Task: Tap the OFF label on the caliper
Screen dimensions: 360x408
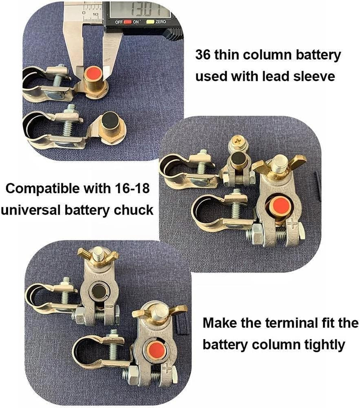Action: [119, 22]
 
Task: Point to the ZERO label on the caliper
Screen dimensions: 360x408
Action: [160, 22]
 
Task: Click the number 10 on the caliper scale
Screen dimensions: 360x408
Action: [95, 14]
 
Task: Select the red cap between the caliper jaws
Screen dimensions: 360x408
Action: [94, 73]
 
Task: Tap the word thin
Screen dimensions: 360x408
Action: [226, 55]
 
